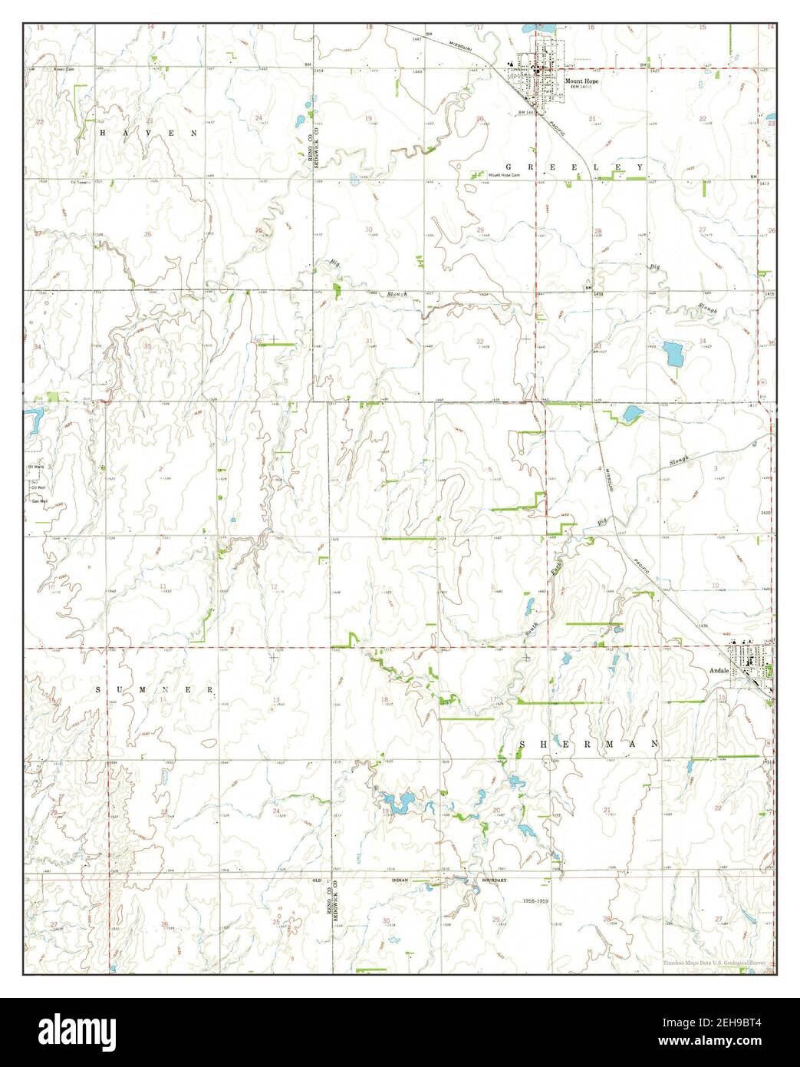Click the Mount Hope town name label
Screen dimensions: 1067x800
581,81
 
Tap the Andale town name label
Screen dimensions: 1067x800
719,670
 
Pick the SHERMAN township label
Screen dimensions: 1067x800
589,744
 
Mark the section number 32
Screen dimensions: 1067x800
479,341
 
